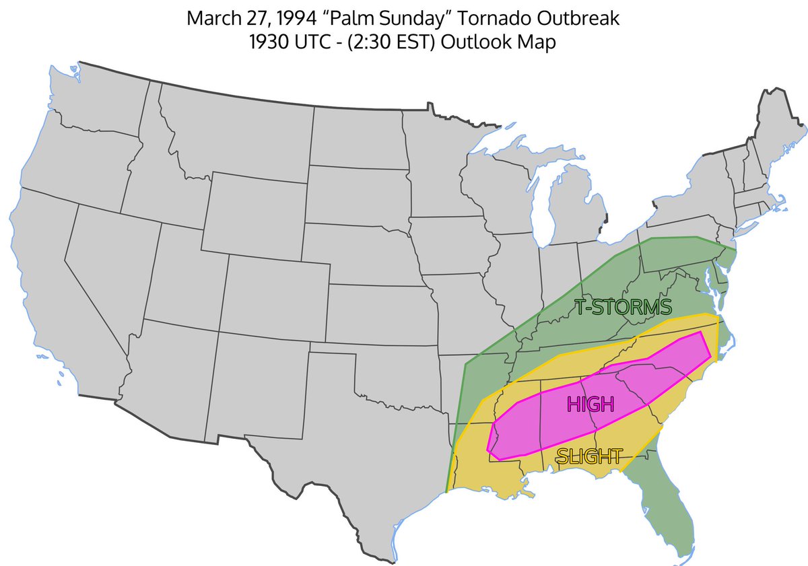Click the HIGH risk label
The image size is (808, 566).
pyautogui.click(x=591, y=404)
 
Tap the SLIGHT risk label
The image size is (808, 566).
pyautogui.click(x=588, y=456)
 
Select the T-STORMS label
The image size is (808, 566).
pyautogui.click(x=624, y=308)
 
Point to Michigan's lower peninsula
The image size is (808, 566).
pyautogui.click(x=572, y=209)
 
